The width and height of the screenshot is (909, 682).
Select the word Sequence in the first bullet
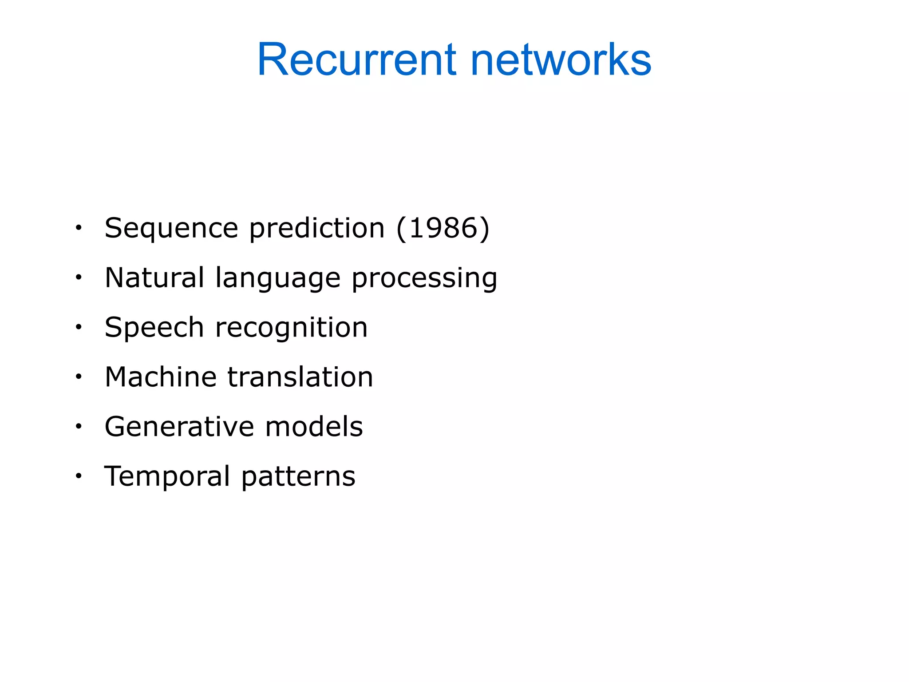(171, 228)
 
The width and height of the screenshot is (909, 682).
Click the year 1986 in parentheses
(443, 228)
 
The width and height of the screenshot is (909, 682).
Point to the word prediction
(317, 229)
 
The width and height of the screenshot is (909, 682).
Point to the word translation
(300, 377)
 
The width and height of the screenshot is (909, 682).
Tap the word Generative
(179, 427)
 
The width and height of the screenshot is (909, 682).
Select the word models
(314, 427)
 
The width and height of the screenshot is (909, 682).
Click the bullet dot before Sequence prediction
(79, 228)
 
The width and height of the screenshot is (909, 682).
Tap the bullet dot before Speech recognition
(79, 327)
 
